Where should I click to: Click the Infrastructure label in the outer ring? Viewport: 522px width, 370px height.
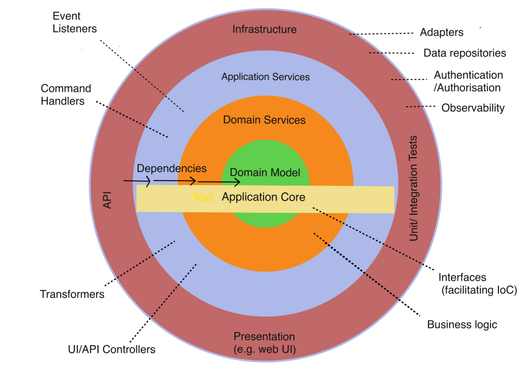[x=264, y=29]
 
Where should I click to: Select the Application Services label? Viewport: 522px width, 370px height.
[x=265, y=77]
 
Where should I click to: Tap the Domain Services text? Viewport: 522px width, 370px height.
[x=264, y=120]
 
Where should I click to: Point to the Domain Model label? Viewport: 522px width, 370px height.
[x=265, y=173]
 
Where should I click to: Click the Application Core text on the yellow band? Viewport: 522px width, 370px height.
[x=263, y=197]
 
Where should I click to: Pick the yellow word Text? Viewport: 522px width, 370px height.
[x=203, y=198]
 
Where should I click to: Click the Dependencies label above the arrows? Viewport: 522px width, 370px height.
[x=172, y=168]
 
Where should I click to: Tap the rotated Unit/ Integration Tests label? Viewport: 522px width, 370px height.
[x=415, y=188]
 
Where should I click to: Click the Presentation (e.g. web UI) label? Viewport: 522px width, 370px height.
[x=264, y=343]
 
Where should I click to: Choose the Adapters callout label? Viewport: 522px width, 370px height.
[x=441, y=32]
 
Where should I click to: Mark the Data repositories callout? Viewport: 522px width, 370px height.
[x=464, y=53]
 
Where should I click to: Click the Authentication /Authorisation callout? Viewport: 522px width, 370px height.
[x=468, y=81]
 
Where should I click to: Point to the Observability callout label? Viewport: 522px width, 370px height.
[x=472, y=108]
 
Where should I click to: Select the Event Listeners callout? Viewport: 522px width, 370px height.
[x=75, y=22]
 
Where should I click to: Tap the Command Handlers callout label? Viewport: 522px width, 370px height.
[x=66, y=94]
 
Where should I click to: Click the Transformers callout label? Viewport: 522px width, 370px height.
[x=72, y=294]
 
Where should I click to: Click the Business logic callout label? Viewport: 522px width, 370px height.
[x=462, y=325]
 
